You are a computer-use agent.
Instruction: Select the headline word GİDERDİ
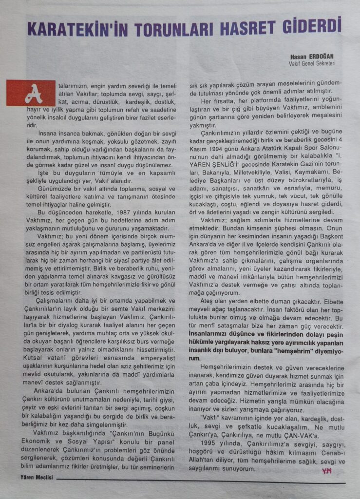[315, 25]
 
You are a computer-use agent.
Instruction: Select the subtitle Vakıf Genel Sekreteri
[312, 63]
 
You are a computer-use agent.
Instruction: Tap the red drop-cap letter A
[31, 93]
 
